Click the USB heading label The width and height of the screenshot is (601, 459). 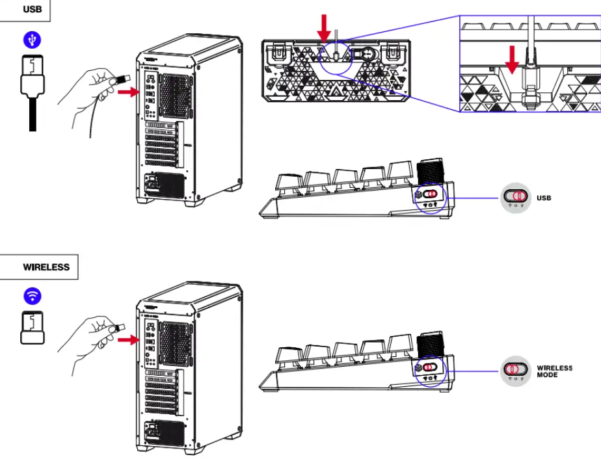point(31,10)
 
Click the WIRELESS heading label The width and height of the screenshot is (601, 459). point(46,267)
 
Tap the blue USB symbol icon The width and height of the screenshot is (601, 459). point(32,40)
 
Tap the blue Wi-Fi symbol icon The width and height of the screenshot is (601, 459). point(32,296)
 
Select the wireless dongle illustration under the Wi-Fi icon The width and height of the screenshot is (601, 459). point(32,328)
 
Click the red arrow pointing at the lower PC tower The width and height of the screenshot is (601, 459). point(130,339)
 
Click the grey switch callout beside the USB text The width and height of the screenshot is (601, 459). point(516,197)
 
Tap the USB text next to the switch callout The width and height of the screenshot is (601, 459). point(544,197)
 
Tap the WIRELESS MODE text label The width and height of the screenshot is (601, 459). point(554,371)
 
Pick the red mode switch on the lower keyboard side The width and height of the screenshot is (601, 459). point(430,368)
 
